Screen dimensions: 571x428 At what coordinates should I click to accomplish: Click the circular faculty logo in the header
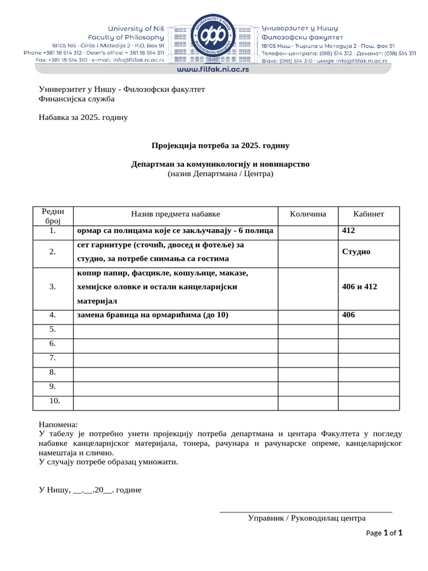213,36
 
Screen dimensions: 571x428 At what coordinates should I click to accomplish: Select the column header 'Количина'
308,214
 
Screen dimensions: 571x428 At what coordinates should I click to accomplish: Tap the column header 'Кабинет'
368,214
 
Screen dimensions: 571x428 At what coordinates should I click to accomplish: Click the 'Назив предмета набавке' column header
176,214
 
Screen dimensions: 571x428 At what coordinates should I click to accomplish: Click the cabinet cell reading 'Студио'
356,251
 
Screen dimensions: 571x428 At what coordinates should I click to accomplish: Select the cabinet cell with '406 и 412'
359,287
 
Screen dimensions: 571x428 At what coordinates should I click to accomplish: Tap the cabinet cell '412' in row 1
348,230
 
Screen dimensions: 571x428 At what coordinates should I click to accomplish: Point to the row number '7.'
53,357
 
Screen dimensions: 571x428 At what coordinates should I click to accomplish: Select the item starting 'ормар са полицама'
175,230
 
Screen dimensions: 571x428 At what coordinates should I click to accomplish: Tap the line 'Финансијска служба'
76,99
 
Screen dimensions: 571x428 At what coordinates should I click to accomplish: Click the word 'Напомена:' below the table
59,425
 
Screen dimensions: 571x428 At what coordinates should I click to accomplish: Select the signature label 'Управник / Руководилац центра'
307,517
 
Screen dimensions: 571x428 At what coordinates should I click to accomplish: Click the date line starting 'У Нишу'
90,490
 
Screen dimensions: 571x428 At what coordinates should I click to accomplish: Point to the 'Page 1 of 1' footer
384,533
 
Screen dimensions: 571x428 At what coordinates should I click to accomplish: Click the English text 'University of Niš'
134,28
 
